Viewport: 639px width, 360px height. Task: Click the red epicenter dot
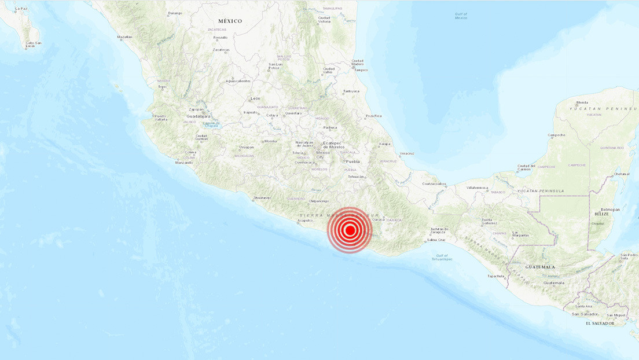point(350,230)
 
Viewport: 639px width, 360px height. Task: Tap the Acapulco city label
point(306,221)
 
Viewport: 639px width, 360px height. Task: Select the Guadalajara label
point(199,116)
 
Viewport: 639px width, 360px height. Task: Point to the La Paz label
point(21,9)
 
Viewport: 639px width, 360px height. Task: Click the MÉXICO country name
point(230,21)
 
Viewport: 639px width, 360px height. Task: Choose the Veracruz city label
point(407,153)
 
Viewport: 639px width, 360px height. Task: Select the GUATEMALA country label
point(540,267)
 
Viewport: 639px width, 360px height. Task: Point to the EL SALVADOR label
point(600,323)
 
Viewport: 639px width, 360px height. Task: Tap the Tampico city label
point(361,70)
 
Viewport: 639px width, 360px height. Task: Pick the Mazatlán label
point(124,37)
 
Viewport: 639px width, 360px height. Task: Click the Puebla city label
point(352,161)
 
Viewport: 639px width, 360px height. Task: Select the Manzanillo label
point(184,163)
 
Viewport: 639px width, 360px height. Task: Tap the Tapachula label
point(496,276)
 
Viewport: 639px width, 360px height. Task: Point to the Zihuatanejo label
point(262,199)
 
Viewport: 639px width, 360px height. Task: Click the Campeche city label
point(557,135)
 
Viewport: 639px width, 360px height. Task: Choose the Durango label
point(175,13)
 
